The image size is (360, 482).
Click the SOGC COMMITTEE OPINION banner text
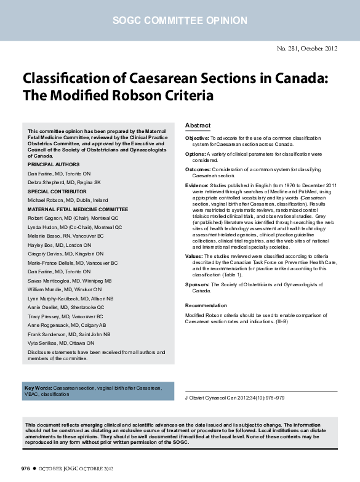180,21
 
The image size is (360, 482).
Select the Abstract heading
198,126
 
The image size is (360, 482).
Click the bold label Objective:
197,139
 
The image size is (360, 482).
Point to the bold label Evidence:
197,185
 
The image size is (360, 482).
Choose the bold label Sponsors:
198,285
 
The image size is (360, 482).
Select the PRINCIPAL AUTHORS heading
54,165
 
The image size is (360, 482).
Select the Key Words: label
38,388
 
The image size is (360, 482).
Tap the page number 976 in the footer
25,469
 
